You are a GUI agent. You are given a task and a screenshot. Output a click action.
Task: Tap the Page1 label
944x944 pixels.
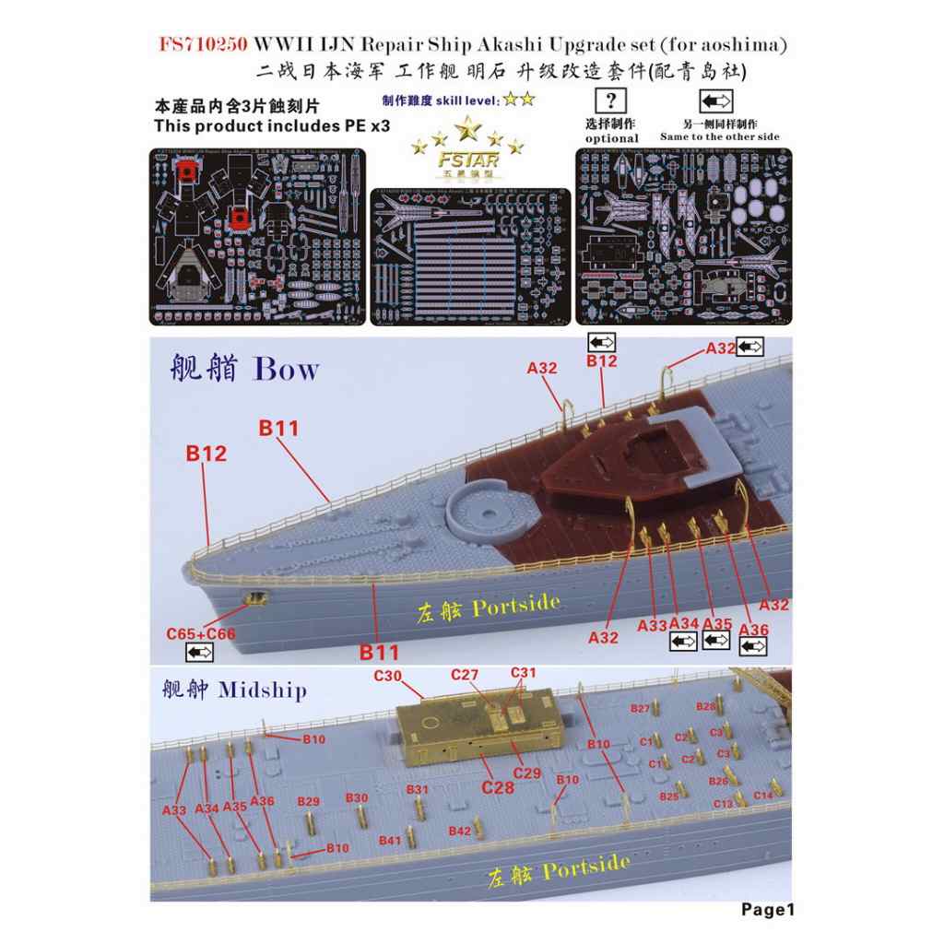[767, 910]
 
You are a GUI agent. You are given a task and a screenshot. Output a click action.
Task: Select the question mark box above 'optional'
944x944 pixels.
[611, 100]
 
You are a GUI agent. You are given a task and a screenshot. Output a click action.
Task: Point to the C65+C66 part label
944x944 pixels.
[200, 634]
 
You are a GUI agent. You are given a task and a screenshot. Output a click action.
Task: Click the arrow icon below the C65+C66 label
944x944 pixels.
[200, 653]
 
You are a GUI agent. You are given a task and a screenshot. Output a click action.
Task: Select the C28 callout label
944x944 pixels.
[497, 787]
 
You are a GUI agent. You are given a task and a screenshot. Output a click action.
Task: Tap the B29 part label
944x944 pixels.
[309, 801]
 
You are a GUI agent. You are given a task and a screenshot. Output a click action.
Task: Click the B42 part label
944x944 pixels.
[460, 831]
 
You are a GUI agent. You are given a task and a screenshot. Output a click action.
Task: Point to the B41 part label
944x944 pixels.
[390, 840]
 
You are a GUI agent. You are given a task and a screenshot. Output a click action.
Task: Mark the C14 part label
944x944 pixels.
[763, 795]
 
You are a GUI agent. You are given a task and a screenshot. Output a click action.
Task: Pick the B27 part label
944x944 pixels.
[641, 708]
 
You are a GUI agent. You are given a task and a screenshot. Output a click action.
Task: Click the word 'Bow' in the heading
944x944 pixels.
[286, 370]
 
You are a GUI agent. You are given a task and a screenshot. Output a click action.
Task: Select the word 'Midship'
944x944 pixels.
[262, 690]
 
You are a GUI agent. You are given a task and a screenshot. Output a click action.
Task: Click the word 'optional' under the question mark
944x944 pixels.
[611, 137]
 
